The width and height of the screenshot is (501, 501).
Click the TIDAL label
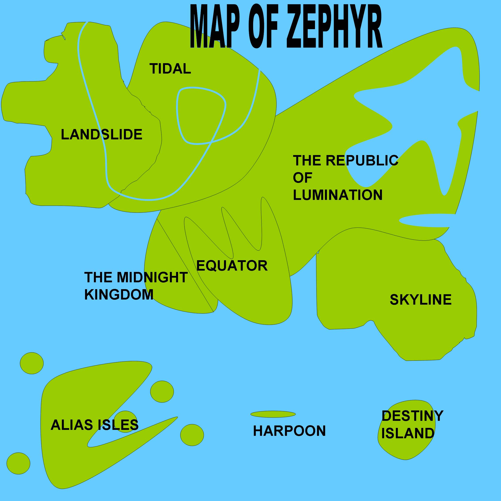(170, 69)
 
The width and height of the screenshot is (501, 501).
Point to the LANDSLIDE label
(102, 135)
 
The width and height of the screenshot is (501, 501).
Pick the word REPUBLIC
(362, 160)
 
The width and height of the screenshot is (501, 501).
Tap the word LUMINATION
(338, 195)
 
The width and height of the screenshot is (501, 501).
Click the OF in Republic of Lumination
(302, 178)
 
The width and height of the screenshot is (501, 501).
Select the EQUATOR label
(232, 266)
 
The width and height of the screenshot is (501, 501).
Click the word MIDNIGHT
(152, 277)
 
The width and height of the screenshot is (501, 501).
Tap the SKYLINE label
(421, 300)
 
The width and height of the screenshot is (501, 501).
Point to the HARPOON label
(289, 431)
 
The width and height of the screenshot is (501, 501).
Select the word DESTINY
(412, 416)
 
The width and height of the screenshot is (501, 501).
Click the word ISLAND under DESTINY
(408, 433)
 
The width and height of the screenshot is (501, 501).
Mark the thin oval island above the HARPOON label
(273, 414)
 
